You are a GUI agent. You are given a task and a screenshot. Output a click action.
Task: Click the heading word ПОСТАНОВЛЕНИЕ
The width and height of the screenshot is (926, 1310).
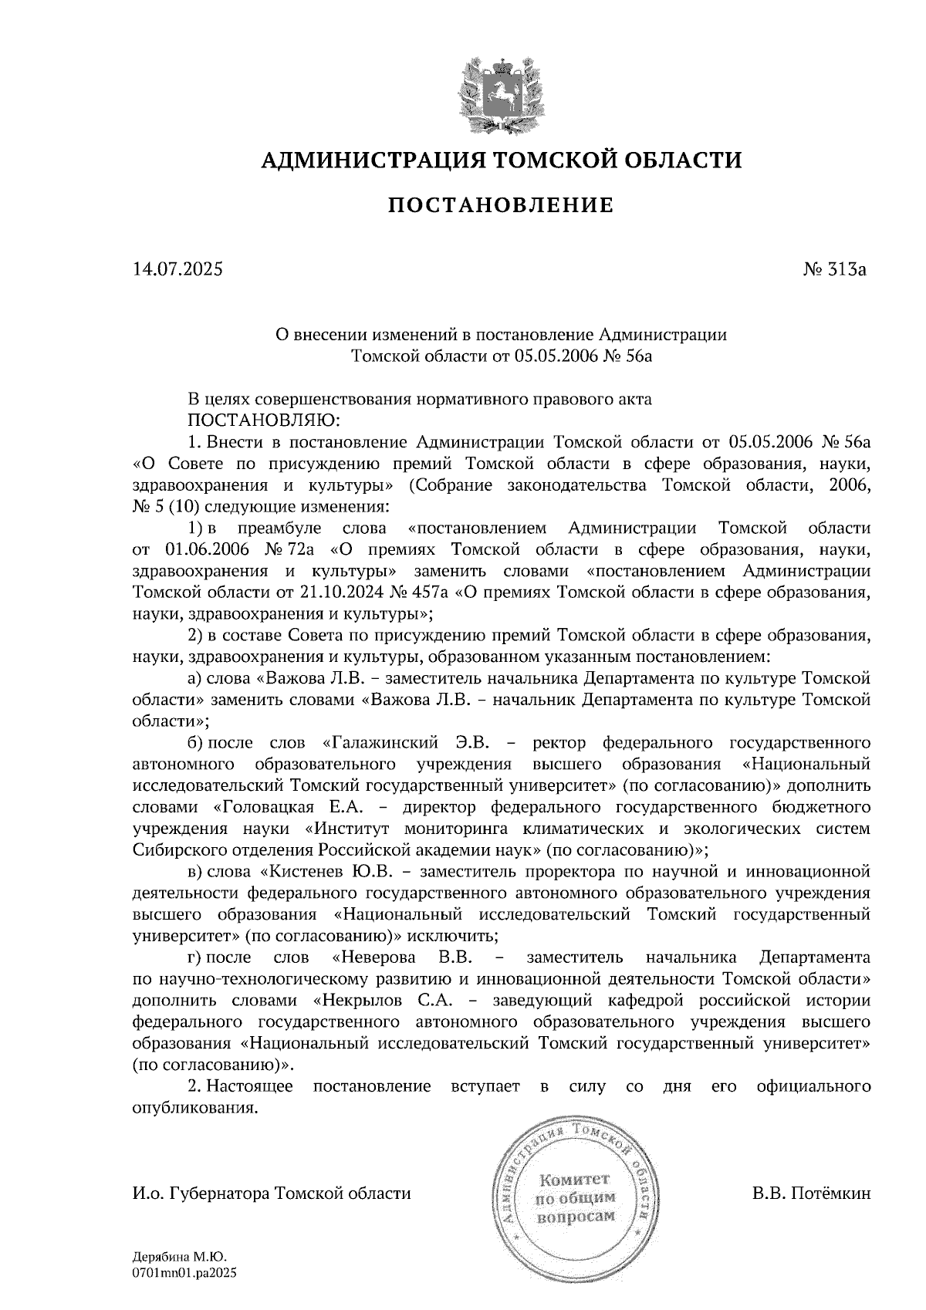click(x=500, y=205)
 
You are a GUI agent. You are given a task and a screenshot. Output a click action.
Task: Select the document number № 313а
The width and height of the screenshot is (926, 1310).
click(x=836, y=270)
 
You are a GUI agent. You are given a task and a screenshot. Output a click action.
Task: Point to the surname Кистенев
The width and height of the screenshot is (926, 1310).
click(x=307, y=872)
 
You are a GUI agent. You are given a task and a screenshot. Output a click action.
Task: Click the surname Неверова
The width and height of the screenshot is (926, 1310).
click(x=375, y=957)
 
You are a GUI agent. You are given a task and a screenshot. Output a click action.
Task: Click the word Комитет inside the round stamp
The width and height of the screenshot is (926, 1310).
click(x=575, y=1180)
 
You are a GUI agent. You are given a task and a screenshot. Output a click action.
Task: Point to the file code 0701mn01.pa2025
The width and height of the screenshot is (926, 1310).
click(x=184, y=1273)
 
